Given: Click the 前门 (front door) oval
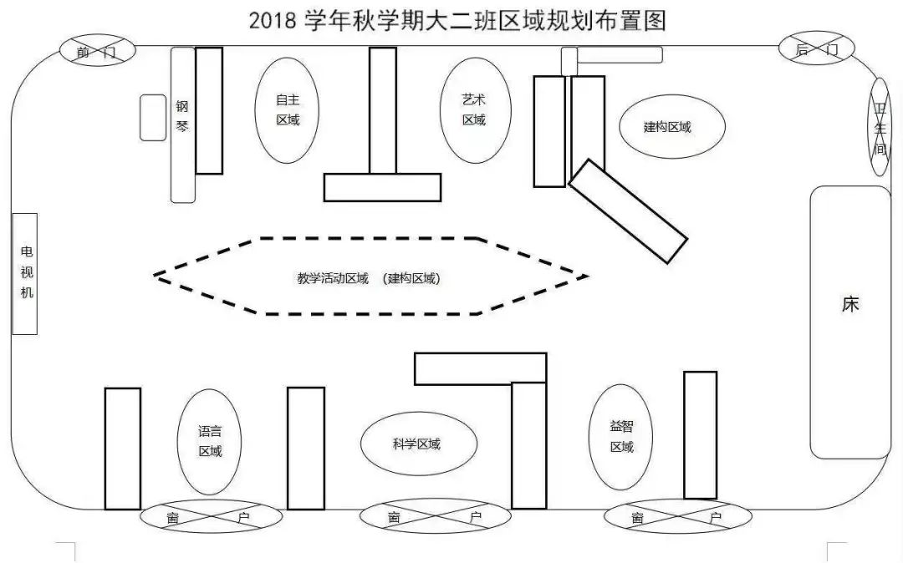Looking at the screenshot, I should click(94, 51).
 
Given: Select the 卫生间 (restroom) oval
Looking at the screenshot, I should click(880, 128).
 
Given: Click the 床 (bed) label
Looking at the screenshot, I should click(850, 304).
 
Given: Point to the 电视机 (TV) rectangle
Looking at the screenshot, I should click(25, 273).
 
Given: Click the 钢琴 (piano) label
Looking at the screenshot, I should click(182, 117).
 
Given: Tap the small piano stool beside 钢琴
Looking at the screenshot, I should click(153, 117).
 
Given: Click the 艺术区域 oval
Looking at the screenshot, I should click(474, 109).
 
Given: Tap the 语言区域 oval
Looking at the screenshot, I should click(210, 442).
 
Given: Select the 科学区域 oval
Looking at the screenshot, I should click(418, 444).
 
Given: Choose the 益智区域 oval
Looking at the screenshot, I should click(622, 437).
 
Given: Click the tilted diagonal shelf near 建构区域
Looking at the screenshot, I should click(628, 210).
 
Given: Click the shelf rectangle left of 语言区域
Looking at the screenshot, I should click(122, 449).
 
